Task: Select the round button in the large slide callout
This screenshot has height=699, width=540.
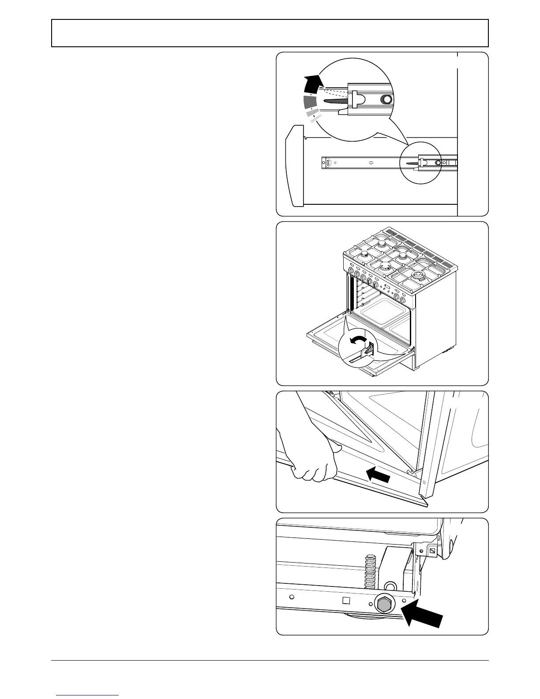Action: tap(387, 100)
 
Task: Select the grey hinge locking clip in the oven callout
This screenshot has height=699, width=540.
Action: tap(366, 351)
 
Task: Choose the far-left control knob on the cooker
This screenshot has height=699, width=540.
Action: tap(351, 271)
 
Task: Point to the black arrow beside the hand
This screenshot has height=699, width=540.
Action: tap(378, 475)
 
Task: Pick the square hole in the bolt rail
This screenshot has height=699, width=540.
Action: tap(346, 600)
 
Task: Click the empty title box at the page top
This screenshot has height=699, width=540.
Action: tap(270, 33)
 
